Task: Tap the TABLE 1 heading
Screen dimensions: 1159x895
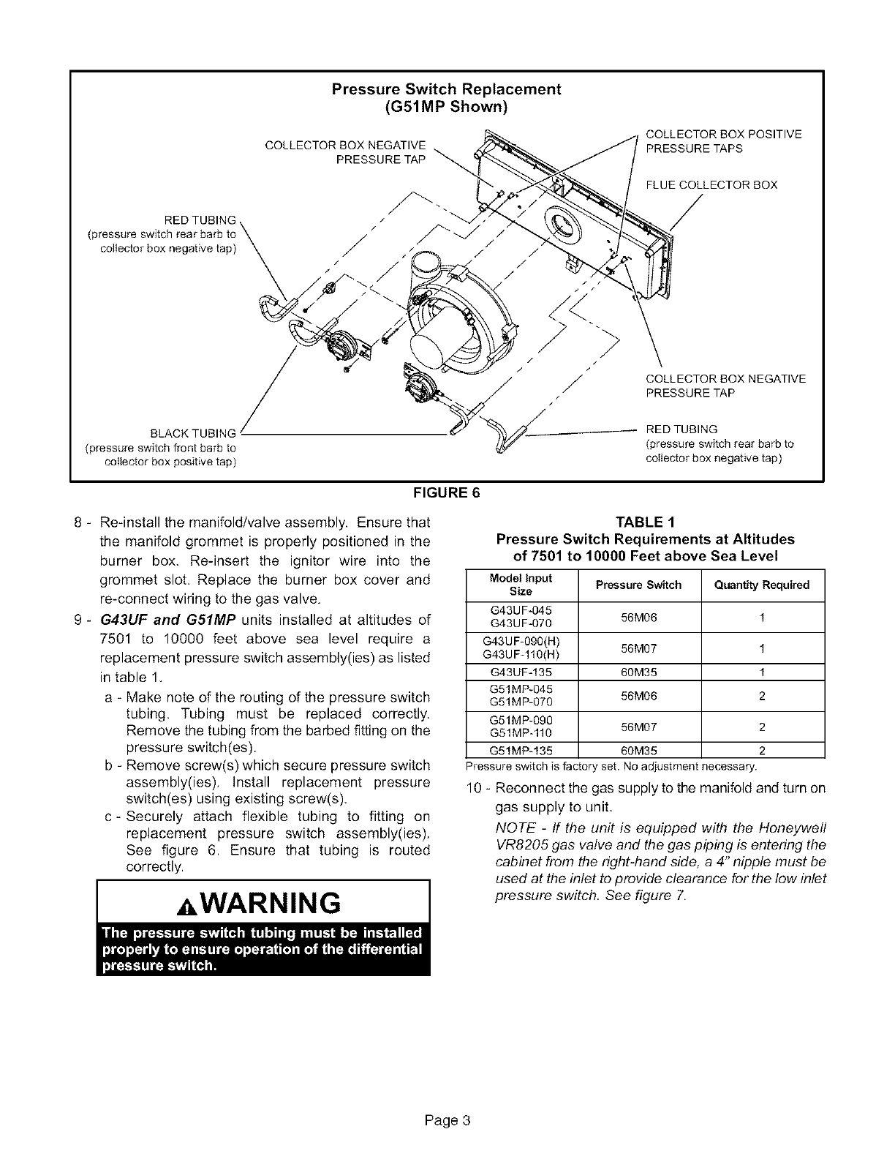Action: coord(645,522)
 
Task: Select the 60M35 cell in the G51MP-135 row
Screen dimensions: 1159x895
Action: coord(638,750)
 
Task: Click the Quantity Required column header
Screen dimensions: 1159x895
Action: coord(762,585)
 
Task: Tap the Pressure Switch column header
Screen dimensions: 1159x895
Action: coord(638,585)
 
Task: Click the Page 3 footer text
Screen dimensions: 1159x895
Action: coord(446,1119)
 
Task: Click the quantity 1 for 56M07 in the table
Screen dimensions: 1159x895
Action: coord(762,648)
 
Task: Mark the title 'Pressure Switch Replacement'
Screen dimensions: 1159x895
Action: coord(446,89)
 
